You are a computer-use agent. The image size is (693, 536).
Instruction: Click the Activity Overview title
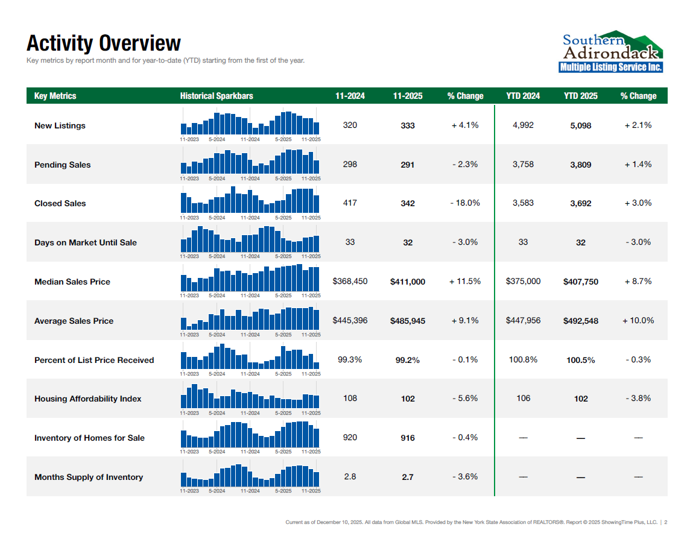103,43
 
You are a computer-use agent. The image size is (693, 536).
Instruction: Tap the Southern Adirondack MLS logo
611,52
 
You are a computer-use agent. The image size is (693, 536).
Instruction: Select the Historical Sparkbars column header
217,96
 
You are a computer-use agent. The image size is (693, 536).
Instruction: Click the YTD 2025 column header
581,96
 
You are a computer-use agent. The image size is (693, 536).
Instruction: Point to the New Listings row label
60,125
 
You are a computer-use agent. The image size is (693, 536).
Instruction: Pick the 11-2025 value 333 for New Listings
408,125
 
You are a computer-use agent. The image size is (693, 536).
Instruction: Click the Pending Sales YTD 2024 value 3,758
523,164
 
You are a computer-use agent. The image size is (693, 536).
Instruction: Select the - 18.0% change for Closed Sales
465,203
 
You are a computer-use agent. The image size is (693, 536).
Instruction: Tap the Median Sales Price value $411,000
408,282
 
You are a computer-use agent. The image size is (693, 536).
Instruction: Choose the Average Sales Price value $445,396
350,320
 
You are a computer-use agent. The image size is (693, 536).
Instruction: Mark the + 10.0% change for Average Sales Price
638,320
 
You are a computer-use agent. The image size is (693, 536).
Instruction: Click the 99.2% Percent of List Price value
408,360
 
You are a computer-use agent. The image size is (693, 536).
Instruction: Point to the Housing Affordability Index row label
88,399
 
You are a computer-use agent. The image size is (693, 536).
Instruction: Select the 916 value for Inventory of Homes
408,438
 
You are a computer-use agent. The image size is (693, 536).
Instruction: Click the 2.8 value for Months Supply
350,476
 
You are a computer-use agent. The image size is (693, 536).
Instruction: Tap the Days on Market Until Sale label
86,242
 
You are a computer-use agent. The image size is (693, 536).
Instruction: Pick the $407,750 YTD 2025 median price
581,282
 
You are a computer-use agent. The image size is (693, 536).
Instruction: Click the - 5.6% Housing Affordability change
465,398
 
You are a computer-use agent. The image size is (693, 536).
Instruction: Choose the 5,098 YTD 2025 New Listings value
581,125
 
